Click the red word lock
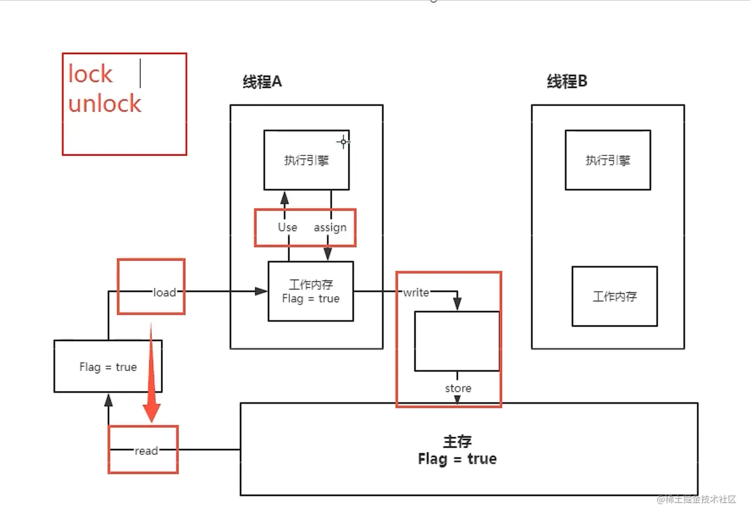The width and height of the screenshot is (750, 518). tap(90, 74)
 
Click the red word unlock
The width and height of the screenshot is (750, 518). tap(105, 104)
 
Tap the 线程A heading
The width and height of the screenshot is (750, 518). tap(262, 82)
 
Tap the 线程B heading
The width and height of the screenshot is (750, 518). tap(567, 81)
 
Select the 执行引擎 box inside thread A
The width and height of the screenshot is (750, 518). tap(306, 160)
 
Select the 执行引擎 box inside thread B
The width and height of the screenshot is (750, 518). tap(608, 160)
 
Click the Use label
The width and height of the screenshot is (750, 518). tap(287, 227)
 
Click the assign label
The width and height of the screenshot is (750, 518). tap(330, 228)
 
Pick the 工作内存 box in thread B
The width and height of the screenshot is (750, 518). tap(615, 296)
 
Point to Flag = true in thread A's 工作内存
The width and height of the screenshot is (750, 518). tap(311, 299)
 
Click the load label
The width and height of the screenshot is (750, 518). tap(164, 293)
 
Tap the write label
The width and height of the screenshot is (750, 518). tap(416, 293)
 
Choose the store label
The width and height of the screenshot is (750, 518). tap(458, 388)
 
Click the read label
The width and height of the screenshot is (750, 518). tap(146, 451)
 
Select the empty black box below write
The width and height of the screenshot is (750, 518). tap(457, 341)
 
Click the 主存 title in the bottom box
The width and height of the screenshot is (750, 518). tap(457, 441)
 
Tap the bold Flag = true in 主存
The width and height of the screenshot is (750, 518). tap(457, 459)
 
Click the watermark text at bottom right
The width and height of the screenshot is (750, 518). tap(696, 499)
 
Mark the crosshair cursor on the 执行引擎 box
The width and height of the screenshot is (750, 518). tap(343, 142)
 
